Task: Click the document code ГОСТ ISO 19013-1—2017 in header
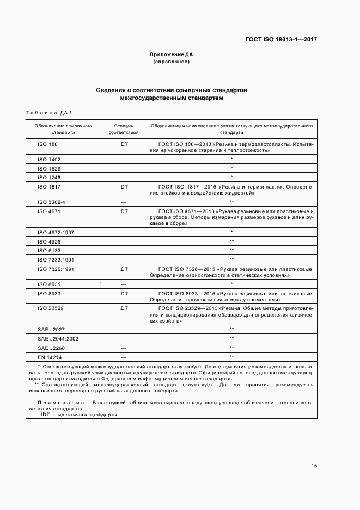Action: coord(281,40)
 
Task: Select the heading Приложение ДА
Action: coord(172,55)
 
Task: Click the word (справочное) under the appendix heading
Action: coord(172,62)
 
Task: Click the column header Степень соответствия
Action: coord(124,129)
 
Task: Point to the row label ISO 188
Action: coord(47,144)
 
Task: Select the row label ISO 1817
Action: coord(49,186)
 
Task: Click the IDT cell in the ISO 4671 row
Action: coord(124,211)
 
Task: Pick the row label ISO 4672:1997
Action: coord(55,232)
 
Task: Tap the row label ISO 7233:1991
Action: coord(55,259)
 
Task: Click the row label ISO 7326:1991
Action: coord(55,269)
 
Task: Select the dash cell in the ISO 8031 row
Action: coord(124,284)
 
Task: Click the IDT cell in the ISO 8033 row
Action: coord(124,293)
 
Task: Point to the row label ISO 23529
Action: coord(51,308)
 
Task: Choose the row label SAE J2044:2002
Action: coord(58,338)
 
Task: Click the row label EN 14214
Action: coord(49,356)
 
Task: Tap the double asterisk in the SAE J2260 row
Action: coord(231,347)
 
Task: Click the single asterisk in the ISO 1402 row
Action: coord(231,160)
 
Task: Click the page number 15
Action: coord(314,466)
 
